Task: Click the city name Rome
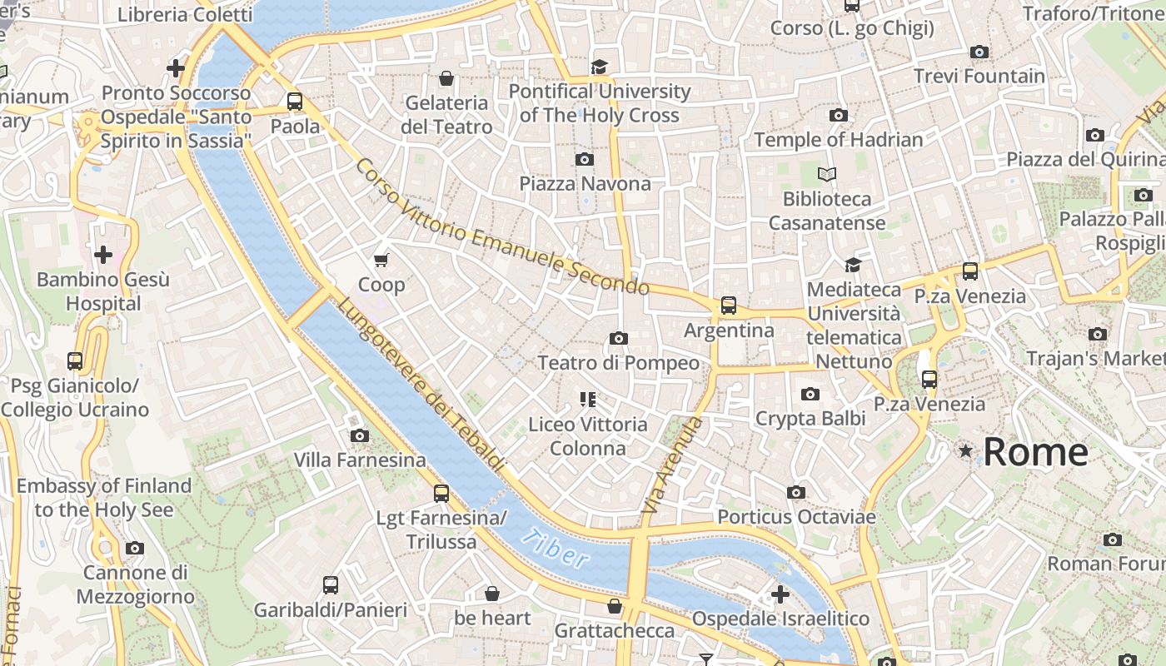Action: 1035,451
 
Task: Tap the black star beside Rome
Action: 965,450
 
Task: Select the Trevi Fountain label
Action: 979,76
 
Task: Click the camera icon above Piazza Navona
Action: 585,159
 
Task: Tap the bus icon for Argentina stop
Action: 729,306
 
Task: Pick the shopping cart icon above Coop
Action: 381,261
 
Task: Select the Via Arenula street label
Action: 673,465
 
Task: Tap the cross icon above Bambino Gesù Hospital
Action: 103,254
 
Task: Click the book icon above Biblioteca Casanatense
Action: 826,174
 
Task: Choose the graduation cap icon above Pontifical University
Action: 600,67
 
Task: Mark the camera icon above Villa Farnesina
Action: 360,435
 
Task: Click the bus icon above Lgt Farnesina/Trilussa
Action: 441,493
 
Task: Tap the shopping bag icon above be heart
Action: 492,594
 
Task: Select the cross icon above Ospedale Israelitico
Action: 780,594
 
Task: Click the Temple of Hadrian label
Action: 838,139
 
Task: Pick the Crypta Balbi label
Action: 810,418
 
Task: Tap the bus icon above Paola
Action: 295,102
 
